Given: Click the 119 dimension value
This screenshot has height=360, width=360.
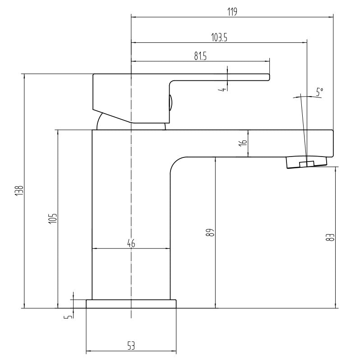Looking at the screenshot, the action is coord(232,12).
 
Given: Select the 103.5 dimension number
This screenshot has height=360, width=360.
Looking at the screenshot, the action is coord(219,37).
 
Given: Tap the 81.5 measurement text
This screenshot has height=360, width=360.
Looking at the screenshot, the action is coord(200,56).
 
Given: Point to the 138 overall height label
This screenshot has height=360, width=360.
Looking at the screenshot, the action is coord(19,190).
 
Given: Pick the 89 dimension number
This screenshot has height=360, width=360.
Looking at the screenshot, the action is coord(211,232).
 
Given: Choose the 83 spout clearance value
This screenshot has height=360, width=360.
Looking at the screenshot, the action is coord(330,237).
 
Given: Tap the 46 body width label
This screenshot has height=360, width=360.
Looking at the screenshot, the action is coord(131,243).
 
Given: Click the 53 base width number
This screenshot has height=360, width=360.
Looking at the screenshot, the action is coord(131,346).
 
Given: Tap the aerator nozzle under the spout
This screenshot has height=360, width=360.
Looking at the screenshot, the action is coord(306,162).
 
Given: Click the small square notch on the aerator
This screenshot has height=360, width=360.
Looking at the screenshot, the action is coord(307,164).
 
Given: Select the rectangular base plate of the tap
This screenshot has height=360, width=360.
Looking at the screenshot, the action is coord(131,304).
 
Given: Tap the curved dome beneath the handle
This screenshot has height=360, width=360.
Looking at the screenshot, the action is coord(131,121).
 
